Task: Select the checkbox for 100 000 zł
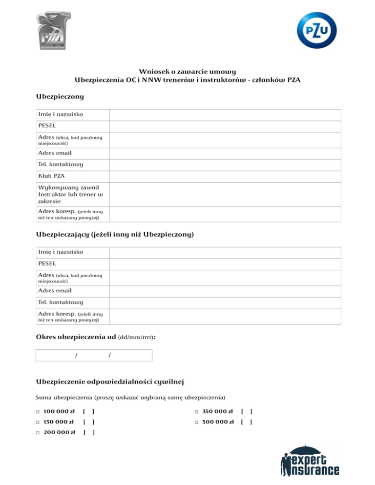38,411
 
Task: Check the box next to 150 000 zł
38,422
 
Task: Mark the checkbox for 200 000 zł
38,432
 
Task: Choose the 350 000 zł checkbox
196,411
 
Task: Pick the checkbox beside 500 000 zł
196,422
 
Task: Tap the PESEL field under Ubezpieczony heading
225,126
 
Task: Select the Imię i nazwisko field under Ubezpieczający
225,252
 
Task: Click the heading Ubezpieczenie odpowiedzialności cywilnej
110,381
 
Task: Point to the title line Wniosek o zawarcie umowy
187,71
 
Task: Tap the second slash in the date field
109,355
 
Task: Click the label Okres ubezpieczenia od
76,337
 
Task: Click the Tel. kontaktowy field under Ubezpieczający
225,303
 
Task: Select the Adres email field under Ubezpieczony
225,153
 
